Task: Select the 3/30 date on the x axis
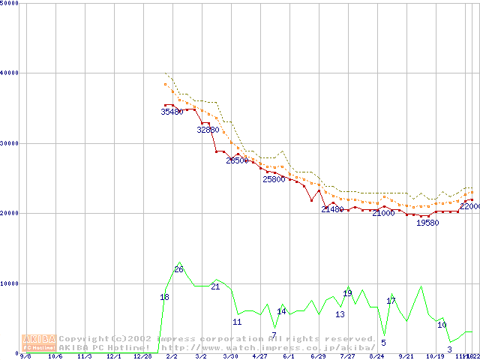pos(230,357)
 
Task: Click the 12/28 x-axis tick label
pos(142,357)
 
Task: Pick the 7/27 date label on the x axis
pos(347,357)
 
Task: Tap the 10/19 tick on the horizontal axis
pos(436,357)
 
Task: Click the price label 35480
pos(172,112)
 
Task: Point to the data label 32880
pos(208,130)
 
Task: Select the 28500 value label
pos(237,160)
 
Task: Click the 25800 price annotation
pos(274,179)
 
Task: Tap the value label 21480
pos(332,209)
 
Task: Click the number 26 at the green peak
pos(178,269)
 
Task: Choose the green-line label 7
pos(274,334)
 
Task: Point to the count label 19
pos(347,293)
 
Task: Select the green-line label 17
pos(391,301)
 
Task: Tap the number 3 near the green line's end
pos(449,349)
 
